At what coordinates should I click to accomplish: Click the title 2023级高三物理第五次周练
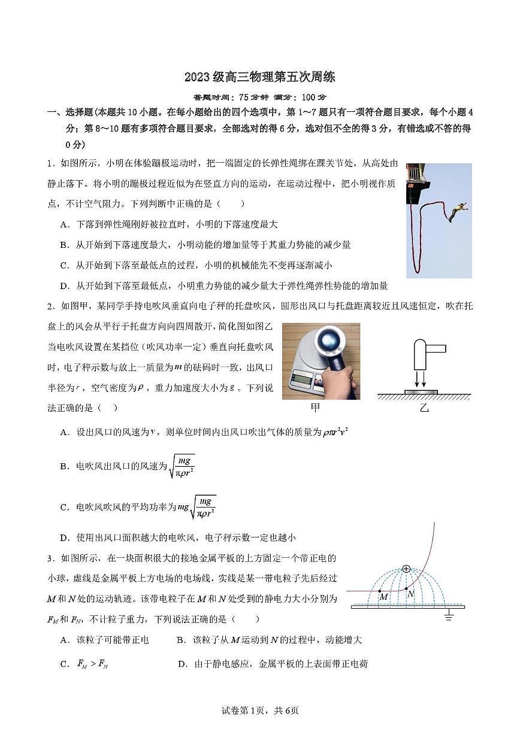coord(259,77)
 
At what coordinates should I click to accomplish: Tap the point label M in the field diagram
coord(384,596)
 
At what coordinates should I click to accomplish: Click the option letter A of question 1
coord(64,224)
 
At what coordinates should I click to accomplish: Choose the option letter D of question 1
coord(64,286)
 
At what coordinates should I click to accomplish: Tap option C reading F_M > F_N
coord(83,664)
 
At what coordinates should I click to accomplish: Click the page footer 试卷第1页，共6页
coord(260,710)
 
